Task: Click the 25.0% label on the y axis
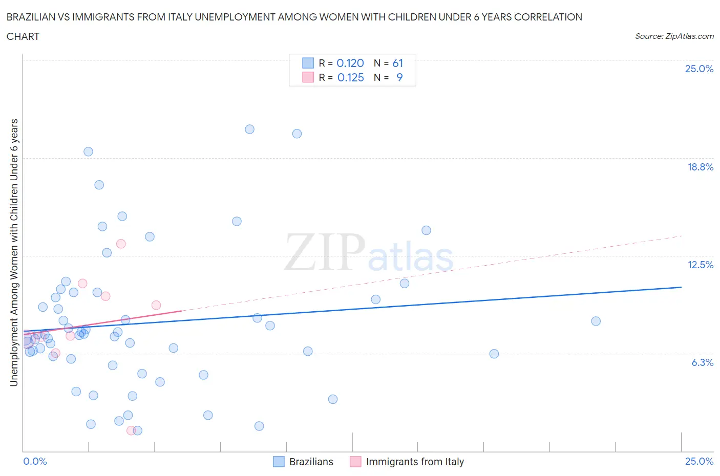[699, 69]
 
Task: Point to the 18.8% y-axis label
[700, 167]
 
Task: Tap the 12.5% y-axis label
[700, 265]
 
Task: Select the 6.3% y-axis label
[702, 362]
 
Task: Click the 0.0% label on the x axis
[35, 461]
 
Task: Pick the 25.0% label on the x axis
[699, 461]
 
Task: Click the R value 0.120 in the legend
[350, 63]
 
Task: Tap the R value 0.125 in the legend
[350, 77]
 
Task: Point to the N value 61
[398, 63]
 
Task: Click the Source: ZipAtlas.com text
[674, 36]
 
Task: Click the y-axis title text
[14, 252]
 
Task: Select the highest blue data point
[249, 129]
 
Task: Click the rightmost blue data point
[596, 321]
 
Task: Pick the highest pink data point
[121, 244]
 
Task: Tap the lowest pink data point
[131, 430]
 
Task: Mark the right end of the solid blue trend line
[681, 287]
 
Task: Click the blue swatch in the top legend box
[308, 63]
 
